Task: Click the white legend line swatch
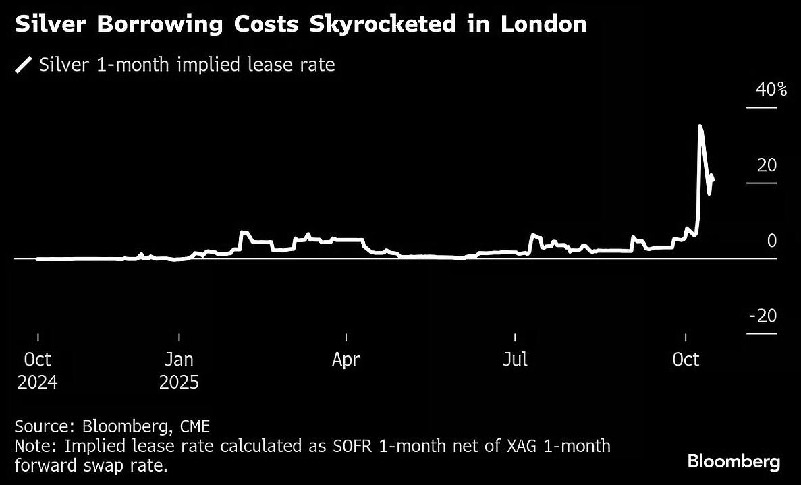point(24,65)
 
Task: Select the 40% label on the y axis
point(771,90)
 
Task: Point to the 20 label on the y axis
point(767,165)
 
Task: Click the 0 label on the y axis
point(772,241)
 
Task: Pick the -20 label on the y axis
point(763,316)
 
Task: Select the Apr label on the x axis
point(346,360)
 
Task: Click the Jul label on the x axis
point(516,360)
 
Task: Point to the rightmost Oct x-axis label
point(686,360)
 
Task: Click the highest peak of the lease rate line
point(700,126)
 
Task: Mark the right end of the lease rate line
point(713,179)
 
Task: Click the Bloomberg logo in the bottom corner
point(734,462)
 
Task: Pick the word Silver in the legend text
point(62,65)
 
